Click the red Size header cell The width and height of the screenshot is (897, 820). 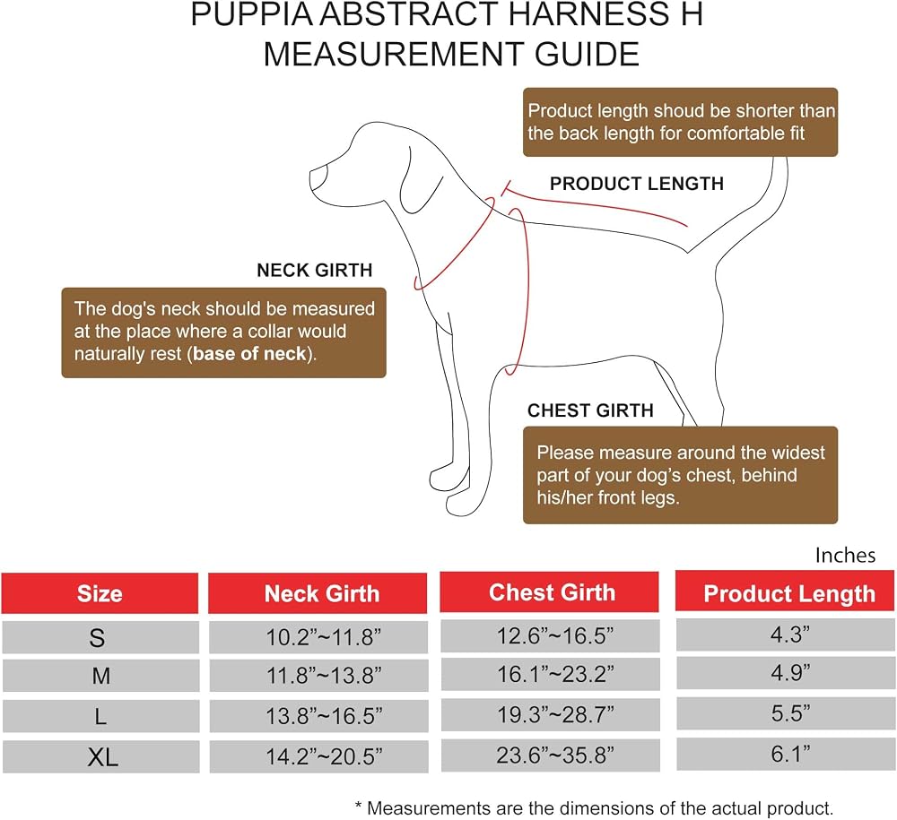click(x=100, y=593)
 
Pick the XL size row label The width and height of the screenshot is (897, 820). click(x=102, y=757)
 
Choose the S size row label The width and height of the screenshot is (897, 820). click(x=97, y=637)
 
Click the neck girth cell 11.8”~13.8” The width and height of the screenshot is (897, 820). click(x=324, y=676)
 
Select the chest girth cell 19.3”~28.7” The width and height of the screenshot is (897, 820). click(x=555, y=714)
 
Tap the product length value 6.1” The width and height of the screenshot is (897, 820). click(x=790, y=754)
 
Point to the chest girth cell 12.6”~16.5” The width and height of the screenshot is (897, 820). click(x=555, y=634)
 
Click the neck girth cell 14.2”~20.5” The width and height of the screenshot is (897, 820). click(x=324, y=756)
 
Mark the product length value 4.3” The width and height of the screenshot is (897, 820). click(x=790, y=634)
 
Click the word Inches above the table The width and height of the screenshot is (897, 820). click(x=845, y=555)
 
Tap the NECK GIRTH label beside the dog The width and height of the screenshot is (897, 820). click(x=315, y=270)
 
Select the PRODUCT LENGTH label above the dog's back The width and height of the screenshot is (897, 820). click(x=637, y=184)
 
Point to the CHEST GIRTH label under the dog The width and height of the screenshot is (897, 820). click(x=590, y=410)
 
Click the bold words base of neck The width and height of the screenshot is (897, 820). click(x=250, y=354)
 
